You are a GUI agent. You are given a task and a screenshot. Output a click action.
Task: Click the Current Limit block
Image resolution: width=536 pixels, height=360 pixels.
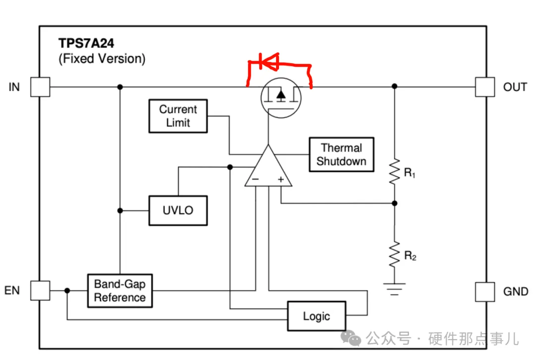178,116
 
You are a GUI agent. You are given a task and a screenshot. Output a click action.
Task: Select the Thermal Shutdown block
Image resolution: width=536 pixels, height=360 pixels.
341,154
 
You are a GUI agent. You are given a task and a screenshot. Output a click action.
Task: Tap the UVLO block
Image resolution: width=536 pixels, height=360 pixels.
178,210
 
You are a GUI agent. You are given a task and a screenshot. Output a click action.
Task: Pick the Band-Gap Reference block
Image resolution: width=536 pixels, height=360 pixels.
120,290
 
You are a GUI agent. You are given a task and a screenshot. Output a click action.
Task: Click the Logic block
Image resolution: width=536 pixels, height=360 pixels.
317,316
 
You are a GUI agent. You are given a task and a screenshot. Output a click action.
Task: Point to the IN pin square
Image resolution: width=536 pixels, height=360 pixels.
40,87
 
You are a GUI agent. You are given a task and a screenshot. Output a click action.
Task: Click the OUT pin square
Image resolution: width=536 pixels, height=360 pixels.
485,87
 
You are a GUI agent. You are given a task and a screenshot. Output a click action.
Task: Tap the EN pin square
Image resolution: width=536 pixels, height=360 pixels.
40,290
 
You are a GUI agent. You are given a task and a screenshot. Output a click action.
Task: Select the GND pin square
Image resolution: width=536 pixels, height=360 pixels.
485,291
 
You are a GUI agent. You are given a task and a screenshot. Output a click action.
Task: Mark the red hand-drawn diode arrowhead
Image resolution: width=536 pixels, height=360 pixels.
270,62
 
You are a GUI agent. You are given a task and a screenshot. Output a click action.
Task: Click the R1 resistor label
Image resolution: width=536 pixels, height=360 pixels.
409,173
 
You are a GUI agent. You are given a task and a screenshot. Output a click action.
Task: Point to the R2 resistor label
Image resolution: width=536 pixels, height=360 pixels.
410,256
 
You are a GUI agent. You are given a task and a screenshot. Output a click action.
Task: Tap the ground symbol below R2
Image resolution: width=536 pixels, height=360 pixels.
395,289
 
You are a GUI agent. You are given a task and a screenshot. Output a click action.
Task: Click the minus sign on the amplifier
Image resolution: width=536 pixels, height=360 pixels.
256,179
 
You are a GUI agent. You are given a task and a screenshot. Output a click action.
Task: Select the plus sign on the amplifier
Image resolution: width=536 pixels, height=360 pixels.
280,179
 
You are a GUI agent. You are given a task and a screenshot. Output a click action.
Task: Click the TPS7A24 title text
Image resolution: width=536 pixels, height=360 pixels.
86,43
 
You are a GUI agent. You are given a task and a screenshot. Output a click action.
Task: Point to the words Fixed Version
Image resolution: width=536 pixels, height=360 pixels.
102,59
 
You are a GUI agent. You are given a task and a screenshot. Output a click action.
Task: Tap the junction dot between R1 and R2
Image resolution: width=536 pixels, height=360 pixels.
395,204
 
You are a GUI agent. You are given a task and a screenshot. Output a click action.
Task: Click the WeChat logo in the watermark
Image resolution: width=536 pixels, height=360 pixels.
351,338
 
